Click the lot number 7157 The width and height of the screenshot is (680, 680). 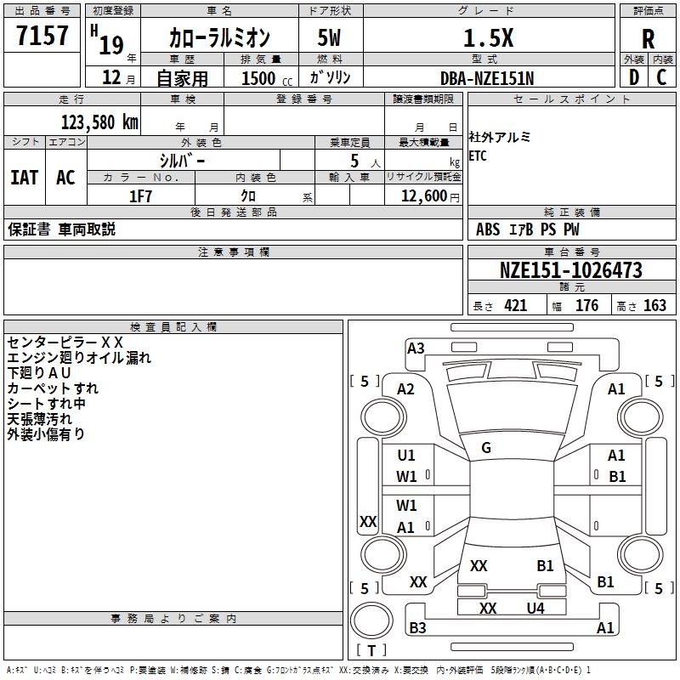(x=42, y=35)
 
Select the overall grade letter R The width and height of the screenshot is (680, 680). (x=648, y=39)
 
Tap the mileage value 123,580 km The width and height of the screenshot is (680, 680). (x=99, y=122)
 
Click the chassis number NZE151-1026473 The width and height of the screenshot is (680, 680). (x=570, y=270)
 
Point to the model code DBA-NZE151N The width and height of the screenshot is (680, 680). (x=487, y=78)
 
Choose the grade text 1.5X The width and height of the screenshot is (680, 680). (x=488, y=38)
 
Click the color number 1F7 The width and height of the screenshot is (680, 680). (x=140, y=196)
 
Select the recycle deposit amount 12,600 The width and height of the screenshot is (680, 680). (x=423, y=196)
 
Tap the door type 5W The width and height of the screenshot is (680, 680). (x=329, y=37)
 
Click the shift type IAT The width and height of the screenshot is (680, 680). (x=25, y=178)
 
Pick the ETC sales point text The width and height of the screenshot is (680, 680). (x=478, y=156)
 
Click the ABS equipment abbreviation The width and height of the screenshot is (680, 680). (x=488, y=229)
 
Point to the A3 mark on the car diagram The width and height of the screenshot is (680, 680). (x=416, y=348)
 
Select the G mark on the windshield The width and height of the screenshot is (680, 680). (x=486, y=448)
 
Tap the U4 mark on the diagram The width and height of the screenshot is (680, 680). (x=535, y=608)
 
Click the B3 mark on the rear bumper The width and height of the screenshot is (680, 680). (x=417, y=627)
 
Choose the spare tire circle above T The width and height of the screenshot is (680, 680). (x=371, y=620)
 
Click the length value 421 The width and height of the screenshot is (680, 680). (x=516, y=305)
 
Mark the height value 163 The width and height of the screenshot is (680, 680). (x=654, y=305)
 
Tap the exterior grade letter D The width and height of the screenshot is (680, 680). (x=634, y=77)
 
